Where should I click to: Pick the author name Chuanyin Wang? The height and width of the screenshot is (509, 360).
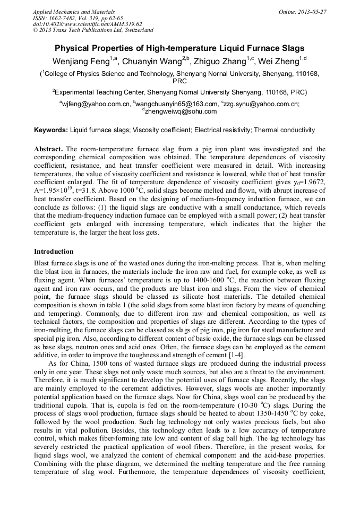(x=152, y=62)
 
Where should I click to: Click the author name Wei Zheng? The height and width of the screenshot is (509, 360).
(x=278, y=62)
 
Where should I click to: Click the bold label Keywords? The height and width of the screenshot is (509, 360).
(x=51, y=130)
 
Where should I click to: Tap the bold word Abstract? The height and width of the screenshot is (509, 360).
(x=48, y=150)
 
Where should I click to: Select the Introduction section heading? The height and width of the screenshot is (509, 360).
(x=54, y=251)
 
